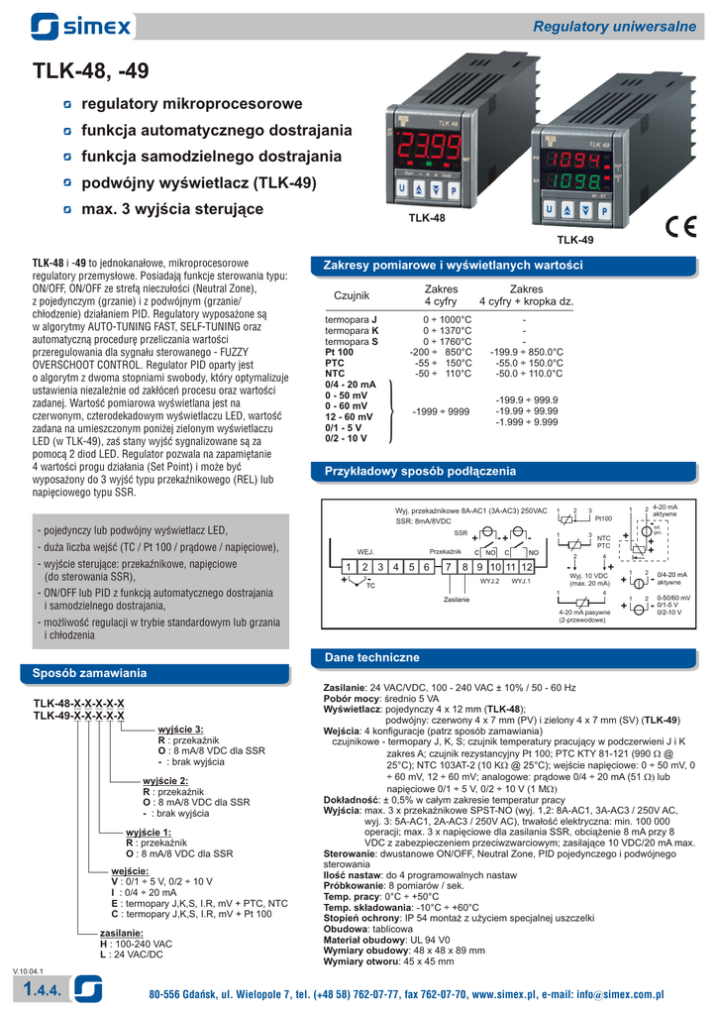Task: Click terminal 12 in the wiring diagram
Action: pos(527,566)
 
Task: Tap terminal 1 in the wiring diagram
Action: pos(349,566)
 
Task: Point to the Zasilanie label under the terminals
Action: pos(457,600)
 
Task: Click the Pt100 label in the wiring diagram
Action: pos(603,518)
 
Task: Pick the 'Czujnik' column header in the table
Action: pos(352,295)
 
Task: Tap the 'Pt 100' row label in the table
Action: pos(339,352)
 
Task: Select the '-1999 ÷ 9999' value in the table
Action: pos(441,410)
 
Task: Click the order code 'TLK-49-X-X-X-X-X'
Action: pos(78,715)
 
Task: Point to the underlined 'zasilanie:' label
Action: pos(122,933)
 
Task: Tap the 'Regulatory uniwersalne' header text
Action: pos(616,25)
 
